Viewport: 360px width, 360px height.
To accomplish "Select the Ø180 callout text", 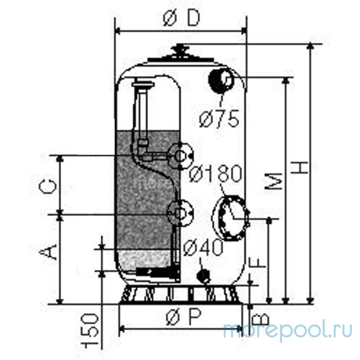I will click(x=216, y=173).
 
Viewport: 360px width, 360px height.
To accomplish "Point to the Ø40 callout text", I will click(x=203, y=247).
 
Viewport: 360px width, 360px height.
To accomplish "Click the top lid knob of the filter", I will click(x=182, y=49).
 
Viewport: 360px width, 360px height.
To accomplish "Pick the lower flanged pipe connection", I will click(x=180, y=211).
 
